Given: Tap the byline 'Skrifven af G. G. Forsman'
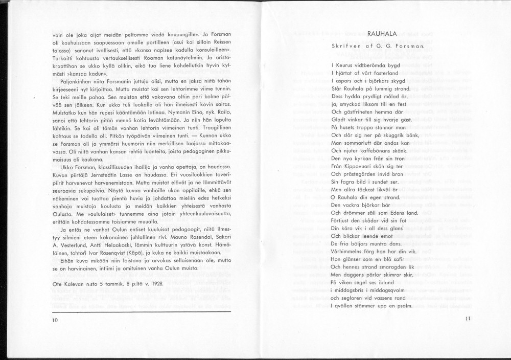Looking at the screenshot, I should pyautogui.click(x=379, y=46).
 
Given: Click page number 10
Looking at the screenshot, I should pyautogui.click(x=55, y=320).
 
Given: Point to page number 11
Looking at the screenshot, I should pyautogui.click(x=467, y=319).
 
